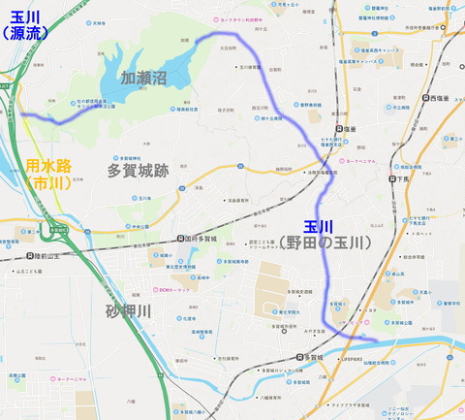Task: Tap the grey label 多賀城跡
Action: coord(138,171)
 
